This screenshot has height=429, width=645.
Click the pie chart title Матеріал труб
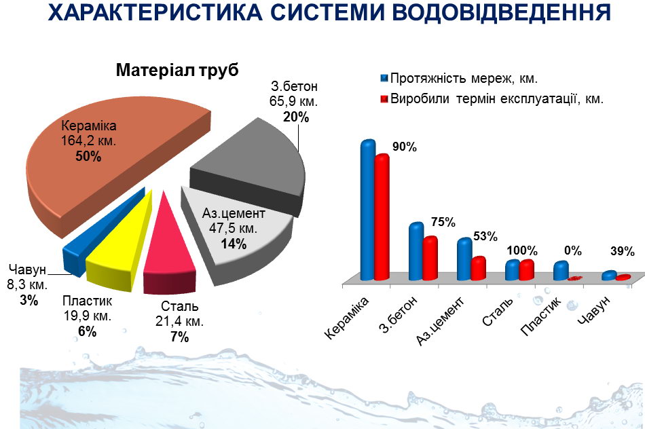[x=177, y=71]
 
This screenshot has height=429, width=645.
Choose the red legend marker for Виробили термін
[x=384, y=99]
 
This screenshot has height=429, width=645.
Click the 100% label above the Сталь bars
[x=525, y=250]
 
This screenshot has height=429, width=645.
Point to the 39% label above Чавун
[x=622, y=251]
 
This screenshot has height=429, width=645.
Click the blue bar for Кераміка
[x=367, y=210]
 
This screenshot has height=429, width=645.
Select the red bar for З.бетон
[x=430, y=258]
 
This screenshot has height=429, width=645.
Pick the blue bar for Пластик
[x=560, y=270]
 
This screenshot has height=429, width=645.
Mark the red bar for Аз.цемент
[x=478, y=268]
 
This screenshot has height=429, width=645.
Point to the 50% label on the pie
[x=88, y=157]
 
